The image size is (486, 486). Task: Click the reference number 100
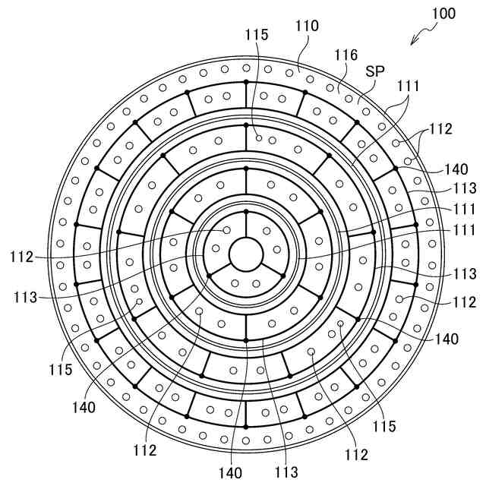[x=443, y=14]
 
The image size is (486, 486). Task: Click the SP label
[x=374, y=71]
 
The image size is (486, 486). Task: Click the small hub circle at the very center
[x=246, y=254]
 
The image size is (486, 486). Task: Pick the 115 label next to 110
[x=257, y=35]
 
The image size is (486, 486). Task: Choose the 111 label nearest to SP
[x=409, y=86]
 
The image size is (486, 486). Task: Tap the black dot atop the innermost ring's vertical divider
[x=246, y=210]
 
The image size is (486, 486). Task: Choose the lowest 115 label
[x=383, y=427]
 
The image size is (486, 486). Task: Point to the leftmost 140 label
[x=85, y=407]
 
